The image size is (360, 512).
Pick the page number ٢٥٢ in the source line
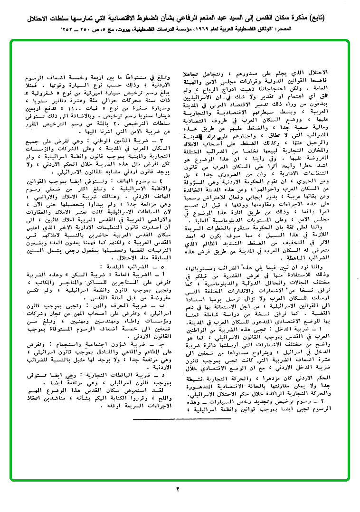point(67,29)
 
